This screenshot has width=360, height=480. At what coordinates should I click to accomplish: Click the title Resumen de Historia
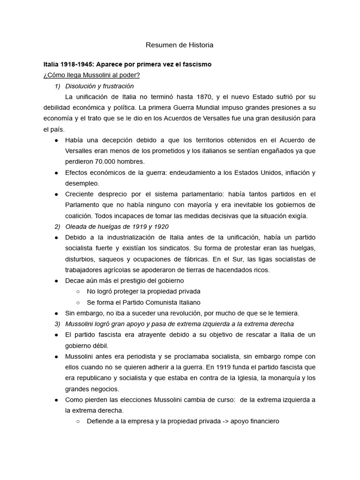[180, 45]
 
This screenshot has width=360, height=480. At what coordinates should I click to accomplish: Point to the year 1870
[260, 97]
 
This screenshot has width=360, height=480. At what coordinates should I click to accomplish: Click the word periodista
[139, 356]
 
